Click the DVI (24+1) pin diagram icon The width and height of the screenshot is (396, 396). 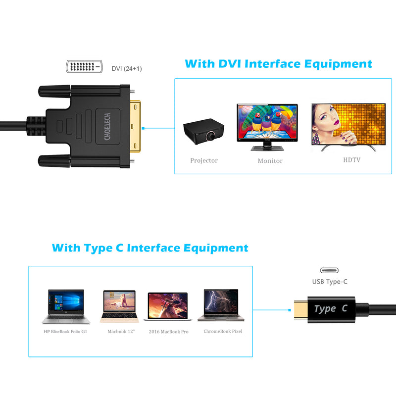click(84, 67)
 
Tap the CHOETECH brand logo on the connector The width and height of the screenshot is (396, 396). click(107, 127)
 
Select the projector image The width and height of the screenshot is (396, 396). click(203, 132)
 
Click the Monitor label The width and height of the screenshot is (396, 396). click(270, 160)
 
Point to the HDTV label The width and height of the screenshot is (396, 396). click(351, 160)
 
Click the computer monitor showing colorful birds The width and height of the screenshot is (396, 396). click(267, 127)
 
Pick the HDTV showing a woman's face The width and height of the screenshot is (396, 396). click(348, 127)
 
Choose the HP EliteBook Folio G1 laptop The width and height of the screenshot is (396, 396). click(66, 306)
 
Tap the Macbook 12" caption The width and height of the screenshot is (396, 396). click(121, 331)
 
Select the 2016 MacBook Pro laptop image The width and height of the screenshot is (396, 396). click(168, 306)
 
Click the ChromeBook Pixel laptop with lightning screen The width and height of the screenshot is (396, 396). click(221, 305)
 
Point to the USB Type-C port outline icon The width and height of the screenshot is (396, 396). click(329, 270)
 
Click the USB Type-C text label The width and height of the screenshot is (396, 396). click(330, 282)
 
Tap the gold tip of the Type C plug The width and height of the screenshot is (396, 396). click(301, 310)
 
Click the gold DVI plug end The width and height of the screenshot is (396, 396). click(135, 127)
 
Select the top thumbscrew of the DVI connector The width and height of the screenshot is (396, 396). click(54, 91)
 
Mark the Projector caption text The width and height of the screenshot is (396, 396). click(204, 160)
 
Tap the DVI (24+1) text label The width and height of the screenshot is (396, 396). click(127, 69)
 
